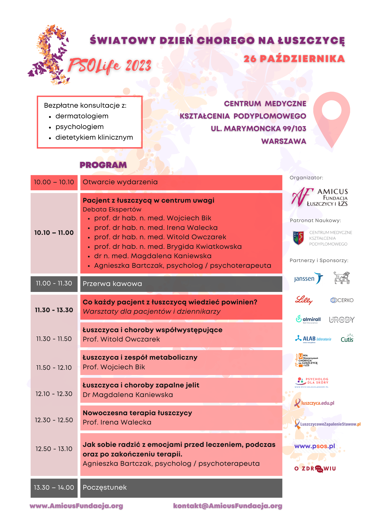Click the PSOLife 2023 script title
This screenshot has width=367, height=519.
click(x=110, y=65)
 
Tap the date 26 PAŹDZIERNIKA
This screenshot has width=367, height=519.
click(x=294, y=59)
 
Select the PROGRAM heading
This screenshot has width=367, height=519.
click(x=103, y=165)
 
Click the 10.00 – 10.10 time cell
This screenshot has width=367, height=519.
click(x=54, y=182)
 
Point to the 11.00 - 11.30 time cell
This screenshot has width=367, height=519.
click(x=54, y=283)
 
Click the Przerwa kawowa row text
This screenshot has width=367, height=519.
click(x=112, y=284)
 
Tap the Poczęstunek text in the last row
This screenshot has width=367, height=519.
click(x=105, y=487)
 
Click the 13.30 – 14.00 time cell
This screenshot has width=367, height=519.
click(x=54, y=488)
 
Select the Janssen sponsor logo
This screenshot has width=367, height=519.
click(x=308, y=278)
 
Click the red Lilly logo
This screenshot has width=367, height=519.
click(x=304, y=300)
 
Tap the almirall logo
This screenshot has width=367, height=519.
click(x=308, y=319)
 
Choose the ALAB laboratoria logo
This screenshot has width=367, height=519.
click(x=313, y=339)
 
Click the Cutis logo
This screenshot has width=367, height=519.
click(x=347, y=339)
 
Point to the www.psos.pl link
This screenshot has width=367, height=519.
click(x=315, y=446)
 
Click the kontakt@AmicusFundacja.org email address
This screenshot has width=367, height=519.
click(x=228, y=506)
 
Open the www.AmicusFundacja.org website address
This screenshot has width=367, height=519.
click(x=76, y=506)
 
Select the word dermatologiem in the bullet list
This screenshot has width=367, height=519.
click(x=82, y=116)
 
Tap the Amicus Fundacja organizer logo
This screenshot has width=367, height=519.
click(x=320, y=197)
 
